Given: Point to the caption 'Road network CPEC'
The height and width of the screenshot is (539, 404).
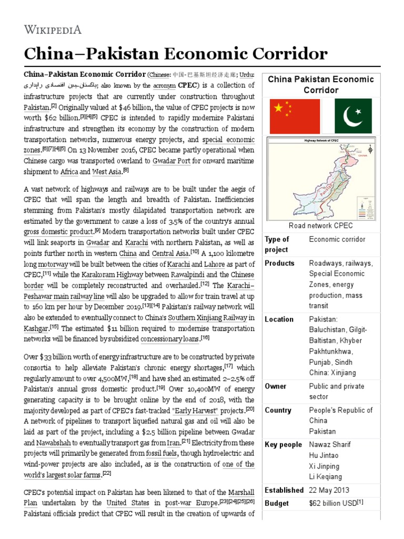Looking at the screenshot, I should tap(320, 226).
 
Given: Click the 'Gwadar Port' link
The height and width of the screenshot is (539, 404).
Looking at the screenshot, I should tap(171, 161).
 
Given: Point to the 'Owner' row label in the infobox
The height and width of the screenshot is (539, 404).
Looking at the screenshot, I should tap(276, 386).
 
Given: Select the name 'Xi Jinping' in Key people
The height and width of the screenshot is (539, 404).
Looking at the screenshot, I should tap(324, 466).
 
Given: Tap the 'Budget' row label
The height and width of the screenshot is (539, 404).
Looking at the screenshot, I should tap(277, 503).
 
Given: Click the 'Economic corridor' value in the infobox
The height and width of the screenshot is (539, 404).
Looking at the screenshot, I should tap(337, 239).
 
